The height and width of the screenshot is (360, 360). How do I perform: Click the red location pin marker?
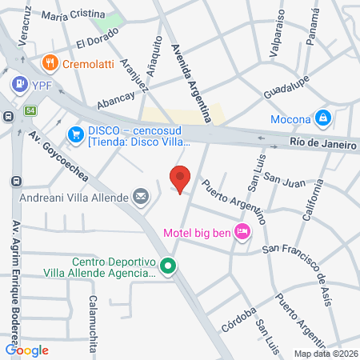pos(180,178)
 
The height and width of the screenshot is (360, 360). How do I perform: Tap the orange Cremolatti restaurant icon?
pos(49,62)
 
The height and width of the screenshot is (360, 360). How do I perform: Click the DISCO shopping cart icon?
pos(77,132)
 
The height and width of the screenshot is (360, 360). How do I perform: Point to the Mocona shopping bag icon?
pos(322,118)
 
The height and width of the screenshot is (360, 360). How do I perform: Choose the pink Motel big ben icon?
pos(243,233)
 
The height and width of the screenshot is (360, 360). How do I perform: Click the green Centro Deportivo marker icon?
pos(167,266)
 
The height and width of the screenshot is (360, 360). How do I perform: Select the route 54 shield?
pos(30,110)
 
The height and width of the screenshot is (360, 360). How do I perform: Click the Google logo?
pos(27,350)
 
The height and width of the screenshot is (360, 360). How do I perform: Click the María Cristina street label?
pos(73,14)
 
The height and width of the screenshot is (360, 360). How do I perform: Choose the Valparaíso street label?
pos(278,35)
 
